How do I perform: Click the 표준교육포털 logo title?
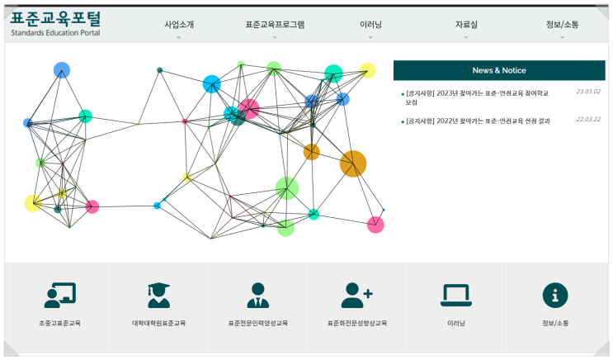55,18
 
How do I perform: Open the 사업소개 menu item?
179,25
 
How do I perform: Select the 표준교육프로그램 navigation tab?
275,25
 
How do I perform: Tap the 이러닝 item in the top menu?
370,25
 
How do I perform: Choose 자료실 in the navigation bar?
466,25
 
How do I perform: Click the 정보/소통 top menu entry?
562,25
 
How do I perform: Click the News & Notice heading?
499,70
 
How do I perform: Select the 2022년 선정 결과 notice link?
478,121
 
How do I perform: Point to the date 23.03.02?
588,92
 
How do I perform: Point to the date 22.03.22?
588,120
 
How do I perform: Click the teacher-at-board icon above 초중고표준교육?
59,295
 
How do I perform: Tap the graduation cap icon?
158,295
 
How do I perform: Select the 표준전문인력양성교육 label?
258,323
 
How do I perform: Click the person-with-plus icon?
357,295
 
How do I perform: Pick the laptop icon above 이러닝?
456,295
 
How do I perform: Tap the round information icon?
555,295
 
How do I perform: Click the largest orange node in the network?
353,163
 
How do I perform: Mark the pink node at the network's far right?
375,225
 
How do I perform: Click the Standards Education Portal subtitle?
55,33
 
